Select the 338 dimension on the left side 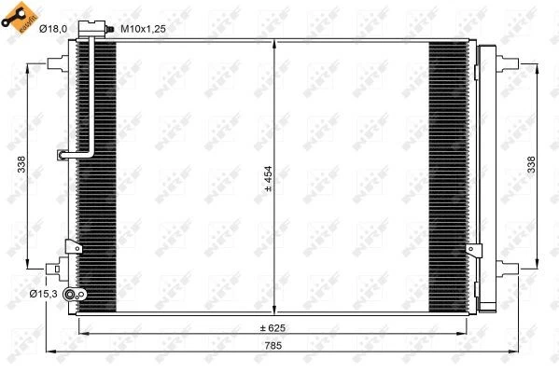(x=21, y=163)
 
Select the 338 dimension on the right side (x=531, y=163)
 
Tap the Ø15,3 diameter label (x=44, y=295)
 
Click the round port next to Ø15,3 (x=80, y=295)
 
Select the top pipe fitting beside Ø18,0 (x=92, y=35)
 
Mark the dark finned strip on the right (x=447, y=177)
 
